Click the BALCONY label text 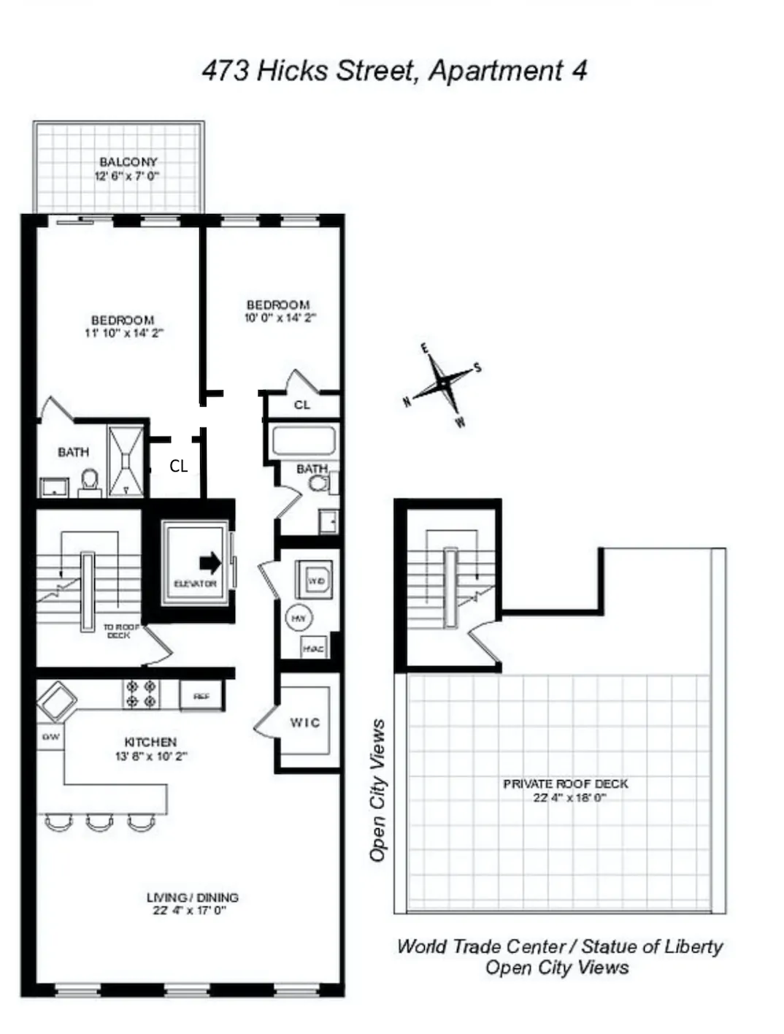(x=128, y=161)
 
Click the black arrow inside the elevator (x=210, y=562)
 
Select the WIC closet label (x=304, y=722)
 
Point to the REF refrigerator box (x=201, y=696)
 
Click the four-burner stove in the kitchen (x=141, y=694)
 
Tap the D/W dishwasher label (x=50, y=737)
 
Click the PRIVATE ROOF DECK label (x=565, y=784)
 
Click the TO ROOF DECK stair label (x=120, y=631)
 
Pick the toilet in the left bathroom (x=90, y=480)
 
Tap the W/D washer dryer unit (x=315, y=581)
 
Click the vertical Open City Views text (x=377, y=790)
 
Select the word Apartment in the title (x=496, y=71)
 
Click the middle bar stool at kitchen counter (x=100, y=823)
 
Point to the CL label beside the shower (x=178, y=466)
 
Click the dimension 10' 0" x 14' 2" (x=280, y=318)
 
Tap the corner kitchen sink (x=57, y=700)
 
